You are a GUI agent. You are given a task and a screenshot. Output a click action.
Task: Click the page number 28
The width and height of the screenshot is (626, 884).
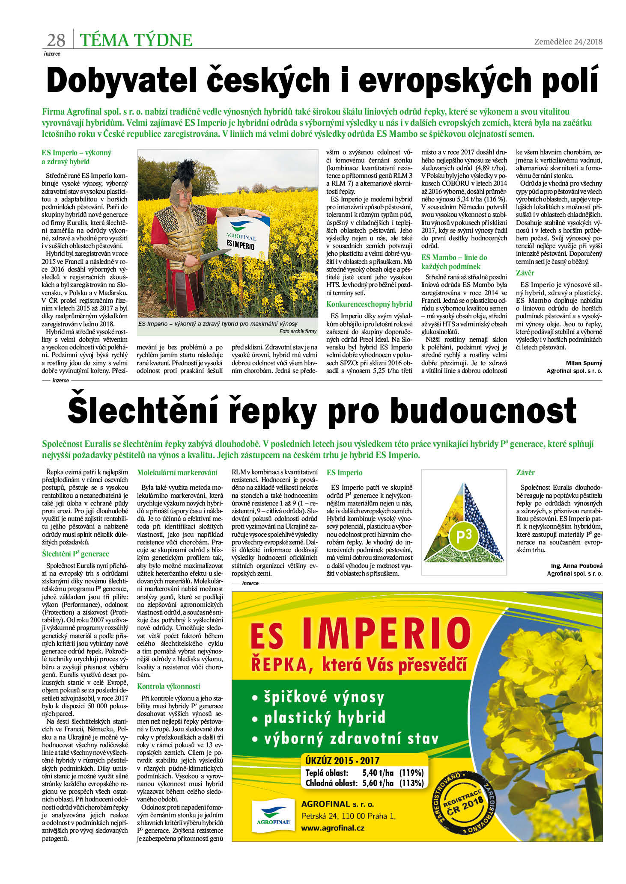click(56, 40)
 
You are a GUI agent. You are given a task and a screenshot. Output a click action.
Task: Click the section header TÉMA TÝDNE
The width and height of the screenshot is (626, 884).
click(136, 40)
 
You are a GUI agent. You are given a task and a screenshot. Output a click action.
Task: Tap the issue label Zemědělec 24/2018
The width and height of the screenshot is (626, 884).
click(568, 41)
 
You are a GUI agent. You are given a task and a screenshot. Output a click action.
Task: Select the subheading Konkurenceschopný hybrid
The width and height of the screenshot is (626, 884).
click(369, 304)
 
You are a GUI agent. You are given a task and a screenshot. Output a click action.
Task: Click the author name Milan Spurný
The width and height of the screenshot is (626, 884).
click(584, 363)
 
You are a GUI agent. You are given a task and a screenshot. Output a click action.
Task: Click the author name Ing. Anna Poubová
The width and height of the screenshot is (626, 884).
click(576, 566)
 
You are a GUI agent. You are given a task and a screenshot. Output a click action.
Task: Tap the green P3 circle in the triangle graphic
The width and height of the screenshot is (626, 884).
click(463, 535)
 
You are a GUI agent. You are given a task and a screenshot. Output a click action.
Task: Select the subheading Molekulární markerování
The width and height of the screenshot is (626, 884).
click(177, 473)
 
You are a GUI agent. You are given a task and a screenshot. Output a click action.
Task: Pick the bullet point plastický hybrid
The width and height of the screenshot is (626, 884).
click(324, 717)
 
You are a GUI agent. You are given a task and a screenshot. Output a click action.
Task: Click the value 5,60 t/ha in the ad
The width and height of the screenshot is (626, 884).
click(378, 783)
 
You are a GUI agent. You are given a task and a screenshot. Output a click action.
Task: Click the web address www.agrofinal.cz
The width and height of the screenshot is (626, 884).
click(333, 828)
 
